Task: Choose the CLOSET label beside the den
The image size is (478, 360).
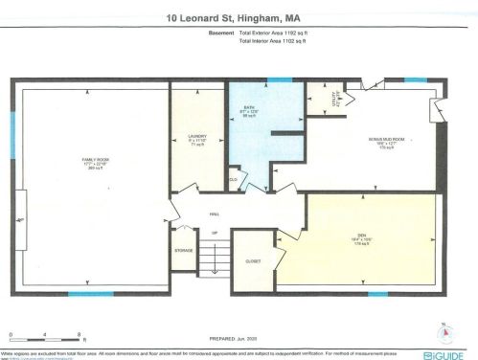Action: coord(254,259)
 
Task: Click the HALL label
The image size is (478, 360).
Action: coord(215,216)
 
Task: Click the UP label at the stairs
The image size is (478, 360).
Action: coord(215,233)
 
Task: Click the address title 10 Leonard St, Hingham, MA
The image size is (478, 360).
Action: coord(239,16)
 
